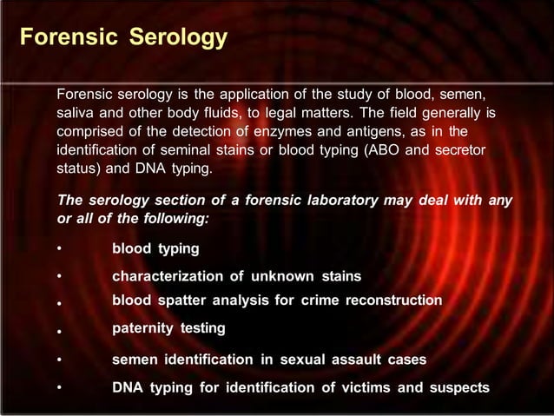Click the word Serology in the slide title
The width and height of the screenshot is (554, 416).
click(x=179, y=38)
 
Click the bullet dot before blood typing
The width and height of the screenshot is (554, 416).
click(x=59, y=250)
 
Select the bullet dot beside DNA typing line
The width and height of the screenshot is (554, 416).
click(x=59, y=388)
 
